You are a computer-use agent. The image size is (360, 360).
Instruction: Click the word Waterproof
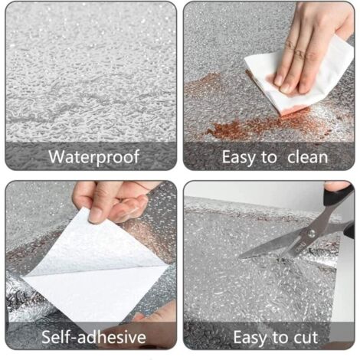pos(94,158)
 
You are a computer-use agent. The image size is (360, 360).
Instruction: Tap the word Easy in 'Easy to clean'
pos(238,158)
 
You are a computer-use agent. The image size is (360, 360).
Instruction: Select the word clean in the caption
pos(304,158)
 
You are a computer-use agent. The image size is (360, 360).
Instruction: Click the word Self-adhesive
pos(94,337)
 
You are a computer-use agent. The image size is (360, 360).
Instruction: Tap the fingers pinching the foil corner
pos(107,201)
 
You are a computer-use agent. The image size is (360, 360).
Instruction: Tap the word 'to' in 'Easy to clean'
pos(268,158)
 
